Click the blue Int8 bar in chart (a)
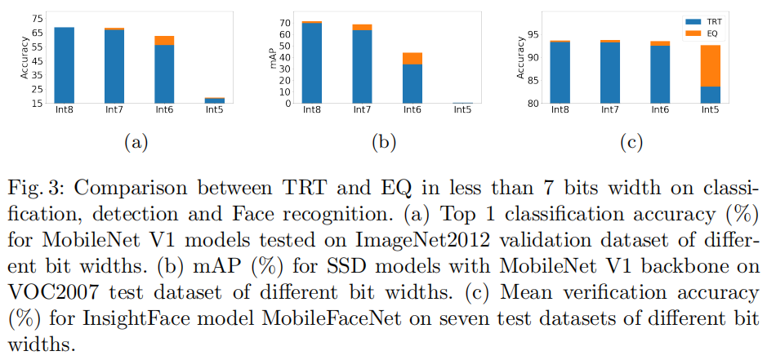(65, 65)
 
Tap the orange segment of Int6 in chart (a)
(164, 41)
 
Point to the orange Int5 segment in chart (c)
(709, 66)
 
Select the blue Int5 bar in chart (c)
(709, 95)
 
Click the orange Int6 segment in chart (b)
(412, 59)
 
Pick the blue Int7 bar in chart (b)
(362, 67)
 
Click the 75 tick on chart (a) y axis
(37, 18)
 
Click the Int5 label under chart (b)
(462, 110)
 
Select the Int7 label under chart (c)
(609, 110)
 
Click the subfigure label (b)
(383, 143)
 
